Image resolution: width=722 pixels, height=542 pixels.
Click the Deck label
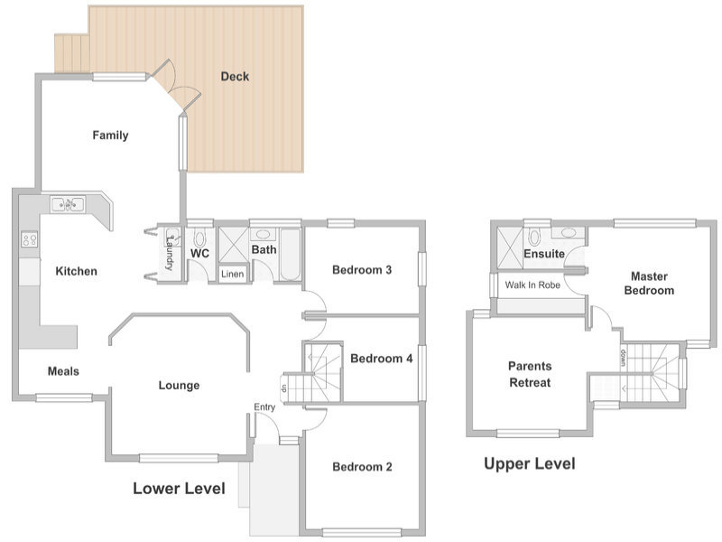click(x=235, y=76)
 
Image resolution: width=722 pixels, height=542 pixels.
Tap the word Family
click(x=110, y=135)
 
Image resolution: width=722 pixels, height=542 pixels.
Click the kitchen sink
click(x=69, y=204)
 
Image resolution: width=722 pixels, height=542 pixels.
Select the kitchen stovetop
click(x=30, y=239)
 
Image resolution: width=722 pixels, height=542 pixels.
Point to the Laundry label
click(x=170, y=253)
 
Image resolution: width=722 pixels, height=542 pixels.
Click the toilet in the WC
click(x=199, y=238)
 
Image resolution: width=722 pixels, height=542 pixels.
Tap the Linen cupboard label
click(x=233, y=275)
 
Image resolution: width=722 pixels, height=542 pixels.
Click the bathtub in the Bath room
click(x=290, y=255)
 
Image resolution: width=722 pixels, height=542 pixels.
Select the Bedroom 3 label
click(x=362, y=269)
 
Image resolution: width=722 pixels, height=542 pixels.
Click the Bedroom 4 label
click(x=381, y=358)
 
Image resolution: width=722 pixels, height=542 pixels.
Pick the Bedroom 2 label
click(x=363, y=467)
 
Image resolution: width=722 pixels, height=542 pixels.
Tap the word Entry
click(x=264, y=407)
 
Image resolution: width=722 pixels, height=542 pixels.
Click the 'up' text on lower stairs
click(x=284, y=388)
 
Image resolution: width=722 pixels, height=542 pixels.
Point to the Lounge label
click(x=179, y=386)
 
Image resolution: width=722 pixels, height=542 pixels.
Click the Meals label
click(x=63, y=371)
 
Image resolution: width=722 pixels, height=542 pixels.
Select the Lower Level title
click(x=179, y=489)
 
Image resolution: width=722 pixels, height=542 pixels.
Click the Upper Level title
click(x=530, y=463)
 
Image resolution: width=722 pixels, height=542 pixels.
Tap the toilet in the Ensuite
click(x=534, y=237)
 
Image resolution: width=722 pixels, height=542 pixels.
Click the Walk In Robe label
click(x=532, y=285)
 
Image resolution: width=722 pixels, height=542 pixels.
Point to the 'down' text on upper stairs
click(x=623, y=358)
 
